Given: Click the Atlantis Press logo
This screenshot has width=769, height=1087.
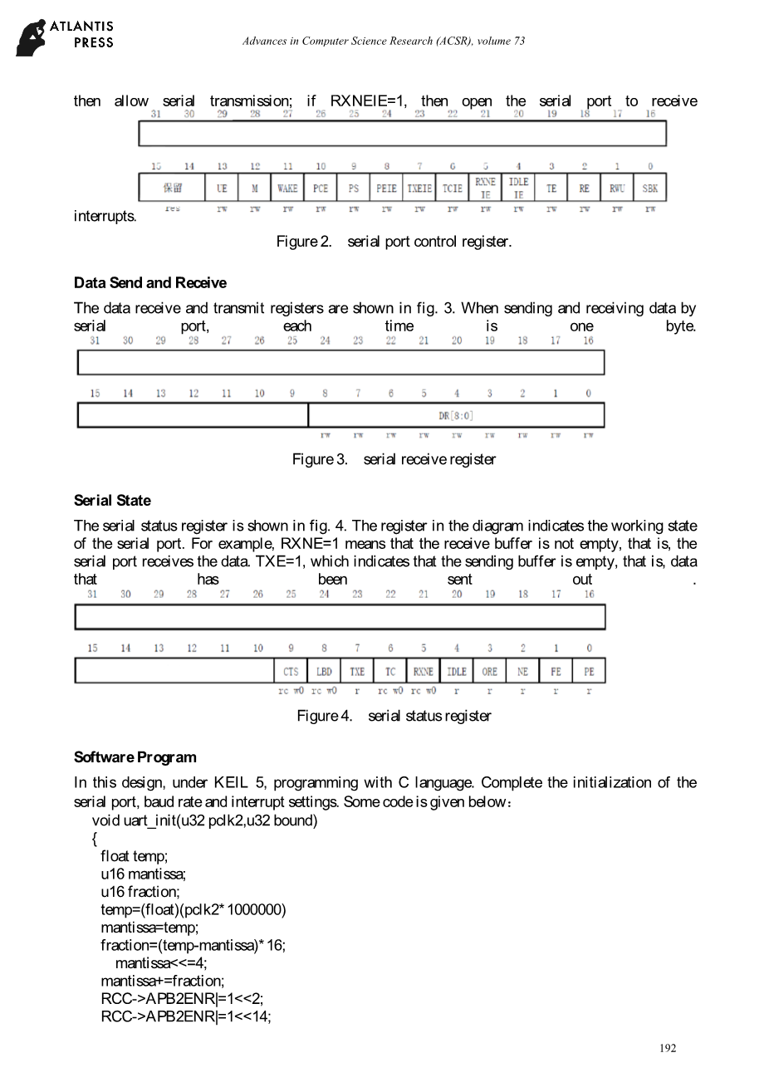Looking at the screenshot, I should pyautogui.click(x=65, y=38).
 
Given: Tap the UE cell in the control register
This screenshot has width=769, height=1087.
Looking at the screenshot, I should pyautogui.click(x=222, y=188).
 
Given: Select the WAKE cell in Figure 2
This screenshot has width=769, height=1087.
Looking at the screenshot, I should pyautogui.click(x=287, y=188).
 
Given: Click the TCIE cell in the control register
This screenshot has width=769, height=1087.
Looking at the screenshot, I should pyautogui.click(x=452, y=188).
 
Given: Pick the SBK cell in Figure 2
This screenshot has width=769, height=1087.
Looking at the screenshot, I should pyautogui.click(x=649, y=188).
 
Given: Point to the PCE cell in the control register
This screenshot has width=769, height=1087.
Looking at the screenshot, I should pyautogui.click(x=321, y=188).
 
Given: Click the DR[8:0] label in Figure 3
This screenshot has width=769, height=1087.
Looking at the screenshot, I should pyautogui.click(x=456, y=415).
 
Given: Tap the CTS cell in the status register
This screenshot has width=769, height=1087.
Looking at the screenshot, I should pyautogui.click(x=291, y=671).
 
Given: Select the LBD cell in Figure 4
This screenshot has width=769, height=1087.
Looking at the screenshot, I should pyautogui.click(x=324, y=671).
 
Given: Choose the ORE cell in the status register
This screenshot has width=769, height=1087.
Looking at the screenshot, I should pyautogui.click(x=490, y=671).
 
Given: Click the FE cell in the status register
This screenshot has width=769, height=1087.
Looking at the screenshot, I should pyautogui.click(x=556, y=671).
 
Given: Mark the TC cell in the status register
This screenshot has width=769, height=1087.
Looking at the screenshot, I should pyautogui.click(x=390, y=671).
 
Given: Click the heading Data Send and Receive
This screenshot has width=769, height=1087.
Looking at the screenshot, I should pyautogui.click(x=149, y=282).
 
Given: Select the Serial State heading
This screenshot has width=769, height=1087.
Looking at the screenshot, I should pyautogui.click(x=112, y=500).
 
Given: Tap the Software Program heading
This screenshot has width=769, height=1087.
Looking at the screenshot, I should pyautogui.click(x=135, y=756).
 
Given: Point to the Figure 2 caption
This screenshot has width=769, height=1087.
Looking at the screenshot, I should pyautogui.click(x=394, y=242).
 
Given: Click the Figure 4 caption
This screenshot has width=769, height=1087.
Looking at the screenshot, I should pyautogui.click(x=394, y=716).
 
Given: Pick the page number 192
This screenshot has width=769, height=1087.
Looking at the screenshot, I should pyautogui.click(x=668, y=1048).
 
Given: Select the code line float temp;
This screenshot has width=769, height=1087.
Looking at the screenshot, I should pyautogui.click(x=134, y=855).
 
